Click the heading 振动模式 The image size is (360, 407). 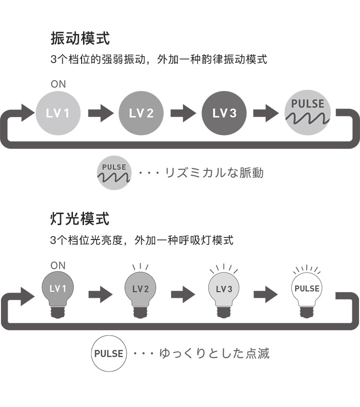[x=80, y=38]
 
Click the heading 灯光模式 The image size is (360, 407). [x=80, y=219]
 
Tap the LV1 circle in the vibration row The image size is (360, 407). [x=58, y=113]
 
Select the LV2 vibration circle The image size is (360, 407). [x=141, y=113]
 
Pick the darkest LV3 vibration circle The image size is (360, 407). [x=224, y=113]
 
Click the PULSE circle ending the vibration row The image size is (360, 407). [x=307, y=113]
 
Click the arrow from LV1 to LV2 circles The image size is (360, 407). [x=100, y=113]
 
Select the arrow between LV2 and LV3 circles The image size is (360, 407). [x=183, y=113]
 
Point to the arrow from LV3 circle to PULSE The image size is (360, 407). [x=265, y=113]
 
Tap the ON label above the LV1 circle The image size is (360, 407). [x=58, y=84]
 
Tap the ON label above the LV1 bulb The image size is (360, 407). [x=58, y=265]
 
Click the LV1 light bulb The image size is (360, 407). [x=58, y=293]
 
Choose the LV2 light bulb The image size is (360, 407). [x=141, y=293]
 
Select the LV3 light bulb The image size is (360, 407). [x=224, y=293]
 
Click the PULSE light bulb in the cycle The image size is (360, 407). [x=307, y=293]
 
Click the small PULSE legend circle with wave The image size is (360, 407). [x=114, y=173]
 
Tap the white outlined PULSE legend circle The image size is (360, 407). [x=108, y=354]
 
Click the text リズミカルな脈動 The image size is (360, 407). [x=214, y=173]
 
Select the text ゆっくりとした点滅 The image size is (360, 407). [x=214, y=354]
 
